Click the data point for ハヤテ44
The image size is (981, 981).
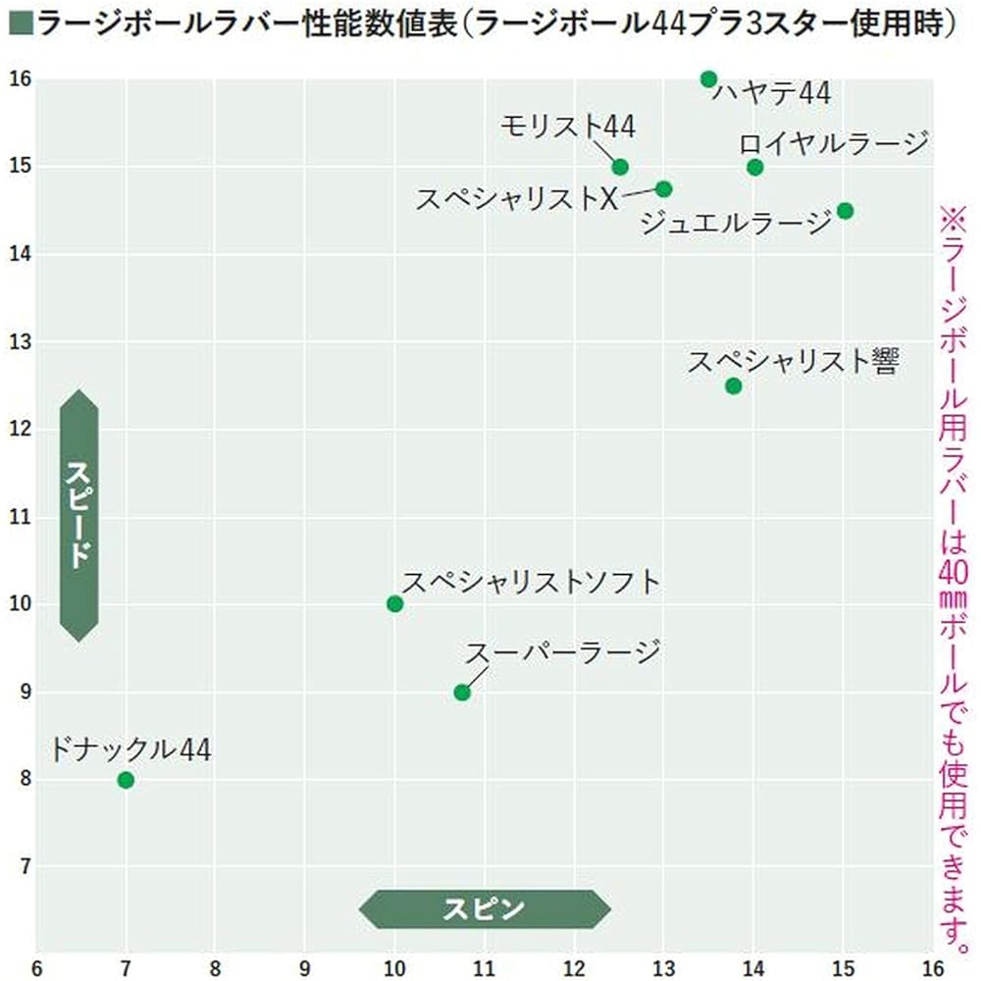point(709,78)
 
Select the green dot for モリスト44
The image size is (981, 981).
point(620,167)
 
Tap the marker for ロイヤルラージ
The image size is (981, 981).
point(754,167)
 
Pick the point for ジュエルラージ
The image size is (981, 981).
point(845,211)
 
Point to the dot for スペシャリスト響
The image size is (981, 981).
point(733,386)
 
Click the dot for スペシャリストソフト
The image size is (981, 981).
point(394,603)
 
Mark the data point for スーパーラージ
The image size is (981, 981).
point(462,693)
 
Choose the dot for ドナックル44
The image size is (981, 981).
point(126,780)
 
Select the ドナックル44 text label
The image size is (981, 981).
point(129,750)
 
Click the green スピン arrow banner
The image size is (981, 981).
point(485,908)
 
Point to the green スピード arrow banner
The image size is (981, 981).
point(79,515)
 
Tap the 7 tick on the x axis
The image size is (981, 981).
point(126,966)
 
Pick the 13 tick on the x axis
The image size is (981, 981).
point(664,966)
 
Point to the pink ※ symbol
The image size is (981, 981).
point(955,217)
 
